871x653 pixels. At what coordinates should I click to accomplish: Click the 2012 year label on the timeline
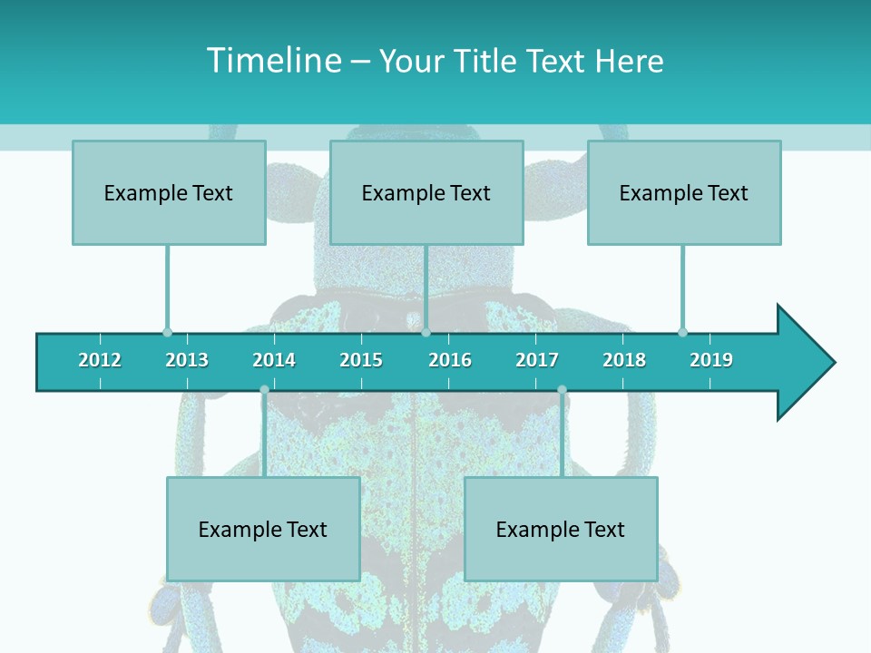pos(100,360)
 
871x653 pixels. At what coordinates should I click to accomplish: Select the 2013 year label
pos(187,360)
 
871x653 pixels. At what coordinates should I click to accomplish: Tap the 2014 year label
pos(274,360)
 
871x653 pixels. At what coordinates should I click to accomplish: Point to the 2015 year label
pos(361,360)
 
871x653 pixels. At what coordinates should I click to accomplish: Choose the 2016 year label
pos(450,360)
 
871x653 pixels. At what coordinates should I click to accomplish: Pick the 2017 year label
pos(537,360)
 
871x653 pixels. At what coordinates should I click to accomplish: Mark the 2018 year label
pos(624,360)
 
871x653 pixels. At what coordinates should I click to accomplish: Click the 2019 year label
pos(711,360)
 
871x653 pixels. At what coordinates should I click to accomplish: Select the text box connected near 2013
pos(169,192)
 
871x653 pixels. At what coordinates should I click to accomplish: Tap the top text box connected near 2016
pos(426,192)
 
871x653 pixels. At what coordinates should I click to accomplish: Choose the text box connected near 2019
pos(684,192)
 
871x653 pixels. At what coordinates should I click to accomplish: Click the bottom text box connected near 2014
pos(263,529)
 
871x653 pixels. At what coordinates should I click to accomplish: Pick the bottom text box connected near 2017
pos(561,529)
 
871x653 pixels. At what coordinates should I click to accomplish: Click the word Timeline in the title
pos(273,61)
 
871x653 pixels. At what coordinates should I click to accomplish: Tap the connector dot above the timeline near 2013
pos(167,332)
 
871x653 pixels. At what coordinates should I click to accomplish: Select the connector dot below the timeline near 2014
pos(264,390)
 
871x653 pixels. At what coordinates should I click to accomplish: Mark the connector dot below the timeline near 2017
pos(562,390)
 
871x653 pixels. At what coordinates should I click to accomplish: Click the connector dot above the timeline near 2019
pos(682,332)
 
